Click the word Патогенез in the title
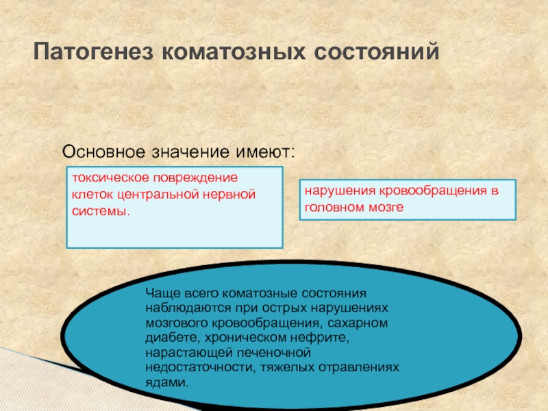pyautogui.click(x=93, y=52)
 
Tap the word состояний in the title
pyautogui.click(x=376, y=52)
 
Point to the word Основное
pyautogui.click(x=103, y=151)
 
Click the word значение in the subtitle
pyautogui.click(x=190, y=152)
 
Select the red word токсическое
pyautogui.click(x=111, y=178)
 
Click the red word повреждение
pyautogui.click(x=196, y=178)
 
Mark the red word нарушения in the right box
pyautogui.click(x=340, y=191)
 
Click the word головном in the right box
pyautogui.click(x=334, y=208)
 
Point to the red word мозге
pyautogui.click(x=386, y=208)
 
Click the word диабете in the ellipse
pyautogui.click(x=173, y=338)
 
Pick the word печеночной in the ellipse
pyautogui.click(x=273, y=353)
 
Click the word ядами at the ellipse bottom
pyautogui.click(x=166, y=382)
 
